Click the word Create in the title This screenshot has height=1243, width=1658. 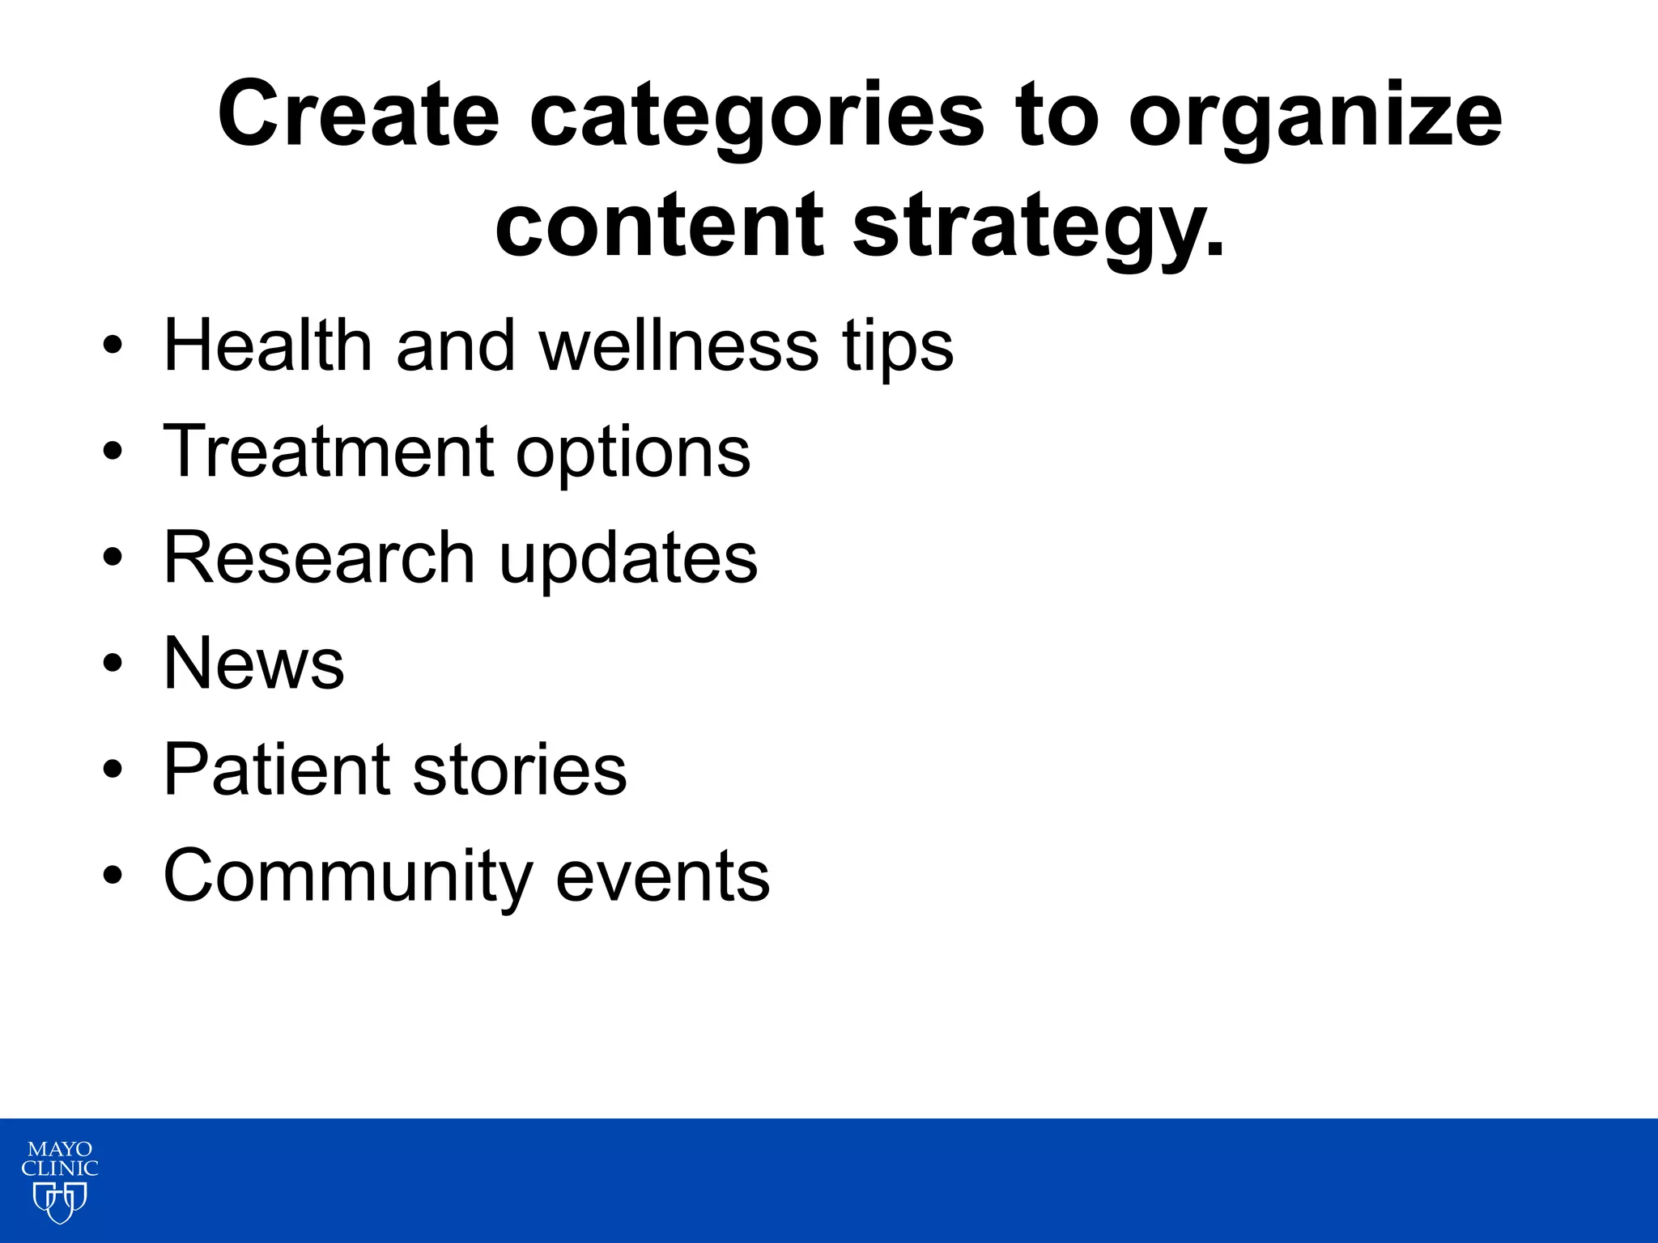(358, 115)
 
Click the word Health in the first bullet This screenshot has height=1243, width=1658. (267, 346)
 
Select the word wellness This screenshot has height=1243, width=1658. (678, 346)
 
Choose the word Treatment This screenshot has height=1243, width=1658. (328, 452)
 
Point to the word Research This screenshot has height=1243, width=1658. (319, 558)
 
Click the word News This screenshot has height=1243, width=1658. (253, 664)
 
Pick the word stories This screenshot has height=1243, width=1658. (520, 770)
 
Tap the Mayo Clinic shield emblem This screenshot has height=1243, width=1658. (59, 1202)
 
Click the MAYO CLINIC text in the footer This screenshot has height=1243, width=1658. (59, 1159)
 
